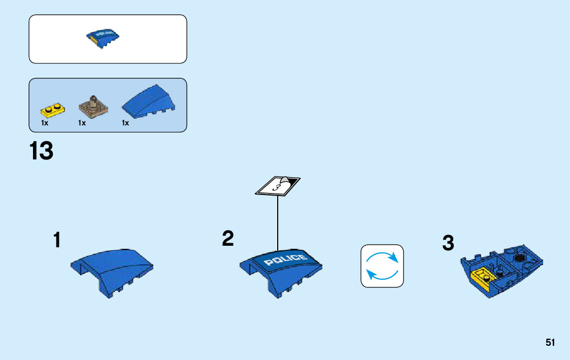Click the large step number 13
pyautogui.click(x=41, y=152)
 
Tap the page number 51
pyautogui.click(x=550, y=343)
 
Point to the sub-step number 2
pyautogui.click(x=228, y=239)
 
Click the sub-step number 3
pyautogui.click(x=448, y=243)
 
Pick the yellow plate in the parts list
pyautogui.click(x=53, y=109)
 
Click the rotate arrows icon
pyautogui.click(x=382, y=266)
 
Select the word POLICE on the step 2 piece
pyautogui.click(x=286, y=260)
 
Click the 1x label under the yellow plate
pyautogui.click(x=45, y=123)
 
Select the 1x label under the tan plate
pyautogui.click(x=82, y=123)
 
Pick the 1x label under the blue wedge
pyautogui.click(x=125, y=123)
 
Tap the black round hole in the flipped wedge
pyautogui.click(x=519, y=258)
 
